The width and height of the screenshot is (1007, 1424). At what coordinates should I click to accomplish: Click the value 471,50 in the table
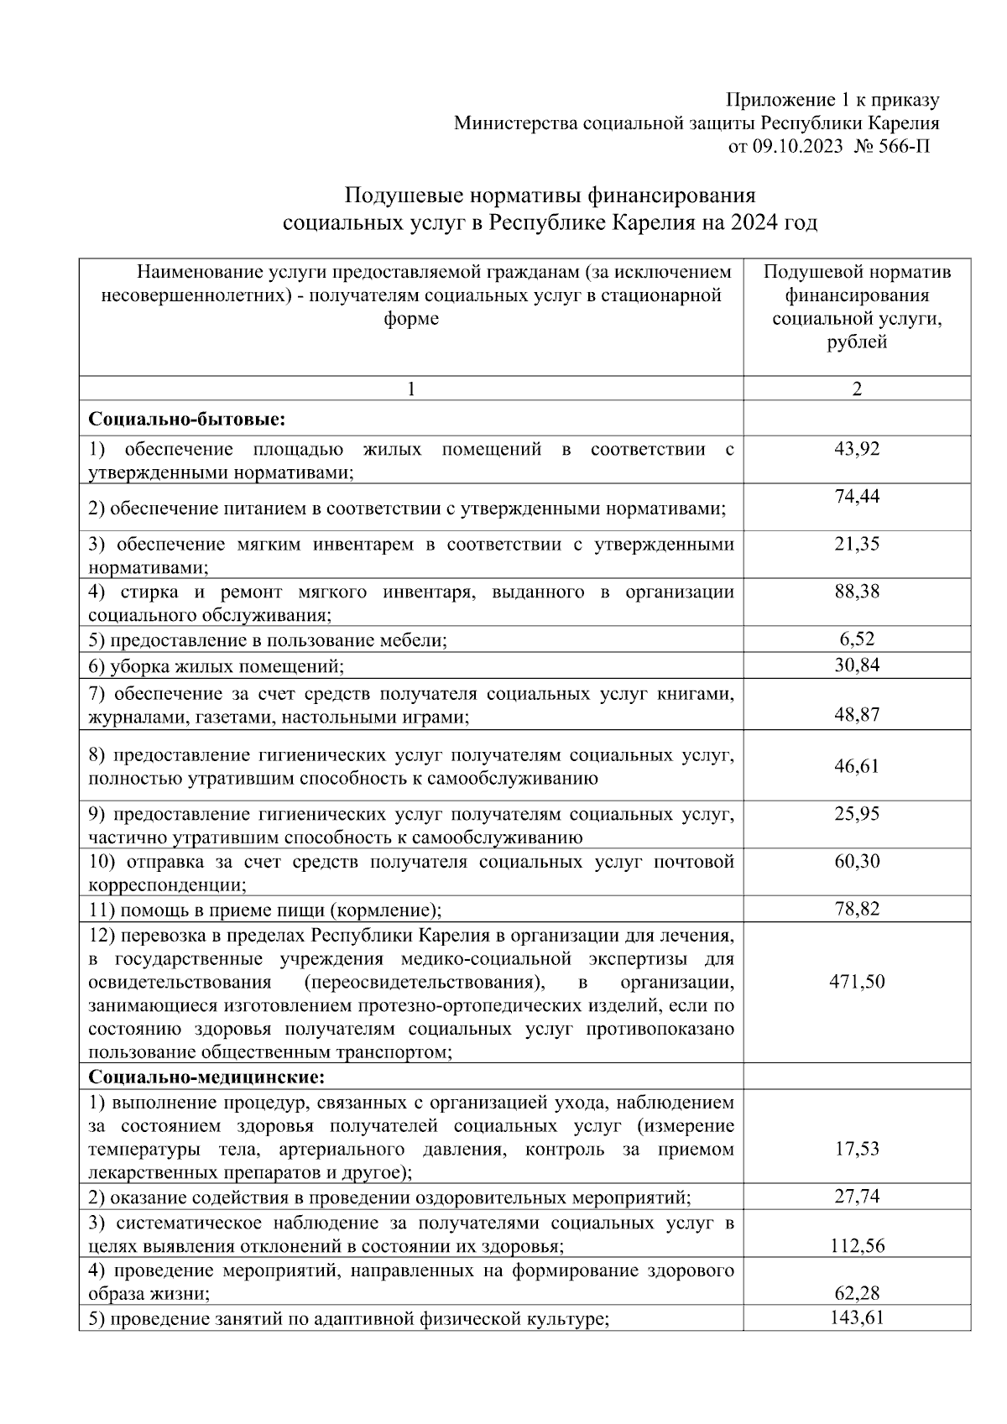pos(856,982)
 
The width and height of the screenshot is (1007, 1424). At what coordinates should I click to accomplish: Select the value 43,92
pos(856,449)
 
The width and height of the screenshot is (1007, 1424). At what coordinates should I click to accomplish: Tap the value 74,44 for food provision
pos(856,496)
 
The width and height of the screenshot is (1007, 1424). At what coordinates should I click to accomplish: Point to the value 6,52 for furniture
pos(856,639)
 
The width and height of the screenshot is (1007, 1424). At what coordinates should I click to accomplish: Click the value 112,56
pos(856,1246)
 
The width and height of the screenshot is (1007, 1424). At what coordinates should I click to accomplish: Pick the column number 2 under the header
pos(856,389)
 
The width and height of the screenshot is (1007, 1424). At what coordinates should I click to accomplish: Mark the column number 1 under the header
pos(410,389)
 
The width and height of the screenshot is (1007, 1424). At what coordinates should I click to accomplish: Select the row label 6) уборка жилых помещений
pos(217,666)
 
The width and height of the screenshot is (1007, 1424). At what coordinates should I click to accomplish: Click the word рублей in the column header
pos(856,342)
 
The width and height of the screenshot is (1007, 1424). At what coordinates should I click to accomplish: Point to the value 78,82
pos(856,909)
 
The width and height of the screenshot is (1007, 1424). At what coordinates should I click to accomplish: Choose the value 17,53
pos(856,1149)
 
